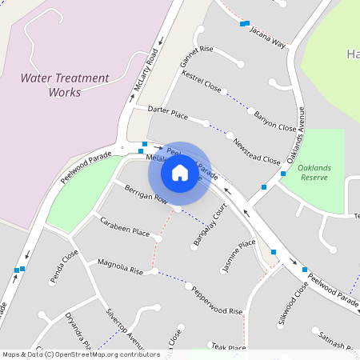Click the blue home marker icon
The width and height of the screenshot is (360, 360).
tap(180, 173)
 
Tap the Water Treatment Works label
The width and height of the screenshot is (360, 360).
tap(64, 85)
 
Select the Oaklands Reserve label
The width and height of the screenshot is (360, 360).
tap(320, 174)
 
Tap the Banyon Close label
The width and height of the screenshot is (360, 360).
tap(275, 121)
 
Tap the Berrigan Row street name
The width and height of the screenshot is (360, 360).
tap(145, 193)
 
